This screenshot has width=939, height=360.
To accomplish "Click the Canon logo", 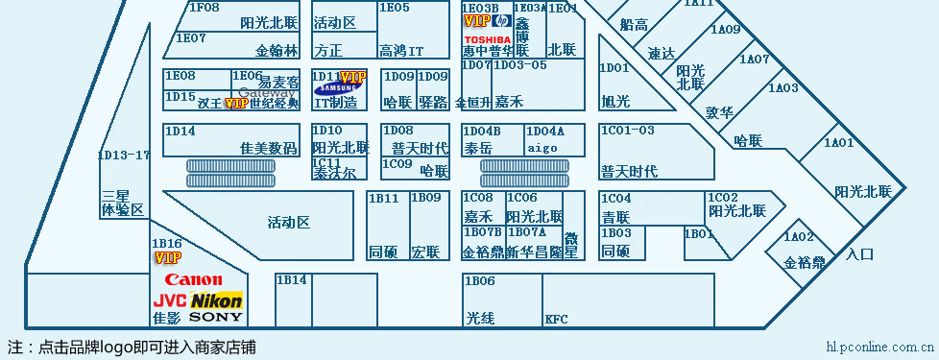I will point(194,280).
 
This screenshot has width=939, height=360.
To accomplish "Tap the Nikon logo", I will point(217,300).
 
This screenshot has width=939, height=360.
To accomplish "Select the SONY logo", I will point(216,316).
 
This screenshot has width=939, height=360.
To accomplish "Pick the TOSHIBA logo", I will point(487,38).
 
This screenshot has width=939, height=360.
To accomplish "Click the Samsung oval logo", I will point(337,90).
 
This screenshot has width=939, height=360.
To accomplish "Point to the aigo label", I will point(542,148).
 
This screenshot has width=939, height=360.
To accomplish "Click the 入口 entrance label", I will point(860,254).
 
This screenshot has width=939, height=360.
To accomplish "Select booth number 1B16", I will point(167,244).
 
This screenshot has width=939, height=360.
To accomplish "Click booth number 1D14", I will point(180,131).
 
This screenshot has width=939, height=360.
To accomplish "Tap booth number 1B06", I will point(479,280).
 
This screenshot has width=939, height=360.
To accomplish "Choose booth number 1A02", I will point(799,237).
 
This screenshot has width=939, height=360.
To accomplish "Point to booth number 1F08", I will point(204,7).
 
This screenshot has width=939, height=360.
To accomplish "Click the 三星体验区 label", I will point(122,203).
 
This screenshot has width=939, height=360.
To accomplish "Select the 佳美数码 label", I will point(269,148).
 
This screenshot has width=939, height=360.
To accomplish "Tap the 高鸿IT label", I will point(401,50).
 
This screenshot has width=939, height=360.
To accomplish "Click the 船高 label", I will point(634,24).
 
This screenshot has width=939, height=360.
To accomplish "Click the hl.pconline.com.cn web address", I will point(880,347).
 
